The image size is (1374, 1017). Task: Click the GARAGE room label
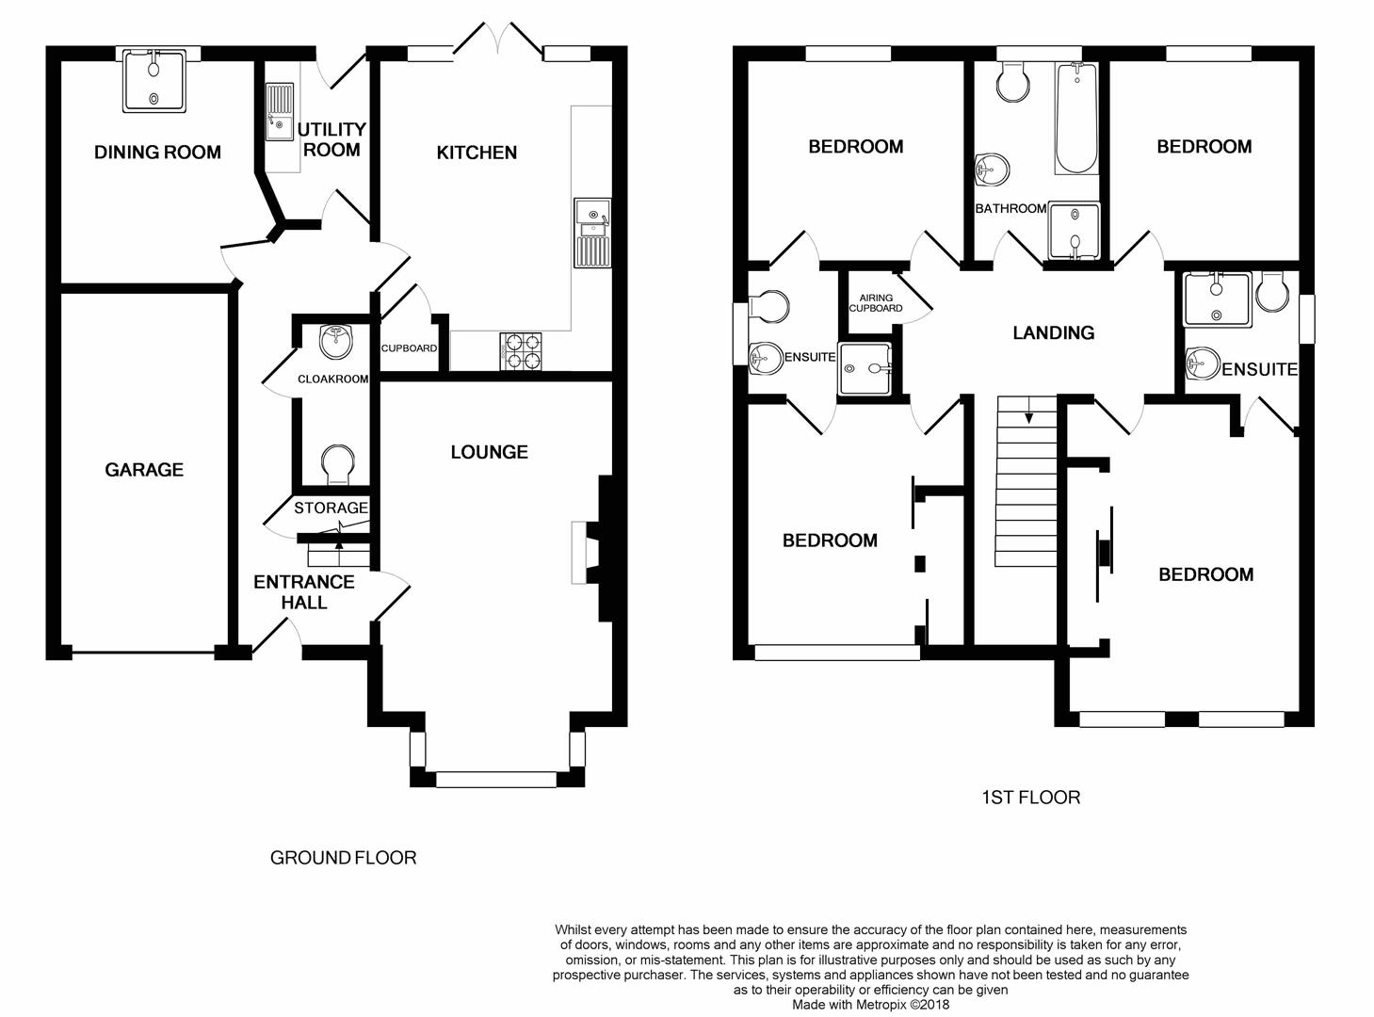144,470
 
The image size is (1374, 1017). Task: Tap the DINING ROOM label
157,153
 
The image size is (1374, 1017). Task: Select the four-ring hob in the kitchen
521,352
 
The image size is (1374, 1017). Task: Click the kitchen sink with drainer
592,233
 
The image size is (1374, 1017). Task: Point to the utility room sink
280,112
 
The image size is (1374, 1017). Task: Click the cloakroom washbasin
335,341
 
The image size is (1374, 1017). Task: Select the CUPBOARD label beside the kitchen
409,348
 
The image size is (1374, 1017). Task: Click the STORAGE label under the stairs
331,508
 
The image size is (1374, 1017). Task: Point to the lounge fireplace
594,549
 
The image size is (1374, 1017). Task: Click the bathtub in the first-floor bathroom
1076,119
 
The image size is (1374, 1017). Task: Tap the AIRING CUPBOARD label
875,303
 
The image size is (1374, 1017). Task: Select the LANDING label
1053,333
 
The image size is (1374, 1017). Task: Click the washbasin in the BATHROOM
993,169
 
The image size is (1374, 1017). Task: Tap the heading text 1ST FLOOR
1031,798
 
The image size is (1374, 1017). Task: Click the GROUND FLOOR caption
343,858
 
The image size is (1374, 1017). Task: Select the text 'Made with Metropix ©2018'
870,1005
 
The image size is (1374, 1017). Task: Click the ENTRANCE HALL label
304,592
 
